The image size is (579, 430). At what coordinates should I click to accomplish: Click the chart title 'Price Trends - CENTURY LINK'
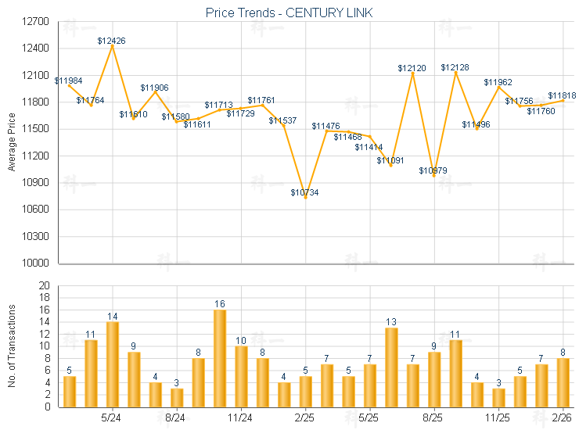tap(289, 13)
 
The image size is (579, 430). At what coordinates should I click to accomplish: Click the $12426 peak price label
tap(112, 40)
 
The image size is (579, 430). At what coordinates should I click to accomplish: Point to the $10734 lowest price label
tap(305, 192)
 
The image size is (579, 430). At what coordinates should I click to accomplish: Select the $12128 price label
tap(455, 67)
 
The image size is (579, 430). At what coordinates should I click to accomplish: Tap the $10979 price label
tap(433, 170)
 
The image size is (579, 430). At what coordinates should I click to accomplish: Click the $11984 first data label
tap(68, 81)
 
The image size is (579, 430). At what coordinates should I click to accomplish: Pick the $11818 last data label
tap(562, 95)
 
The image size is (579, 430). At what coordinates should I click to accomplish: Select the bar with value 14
tap(112, 364)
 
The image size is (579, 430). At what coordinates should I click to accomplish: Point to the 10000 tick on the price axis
tap(36, 263)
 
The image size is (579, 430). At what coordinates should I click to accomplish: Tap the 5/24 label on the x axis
tap(112, 418)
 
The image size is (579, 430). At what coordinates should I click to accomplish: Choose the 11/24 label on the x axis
tap(241, 418)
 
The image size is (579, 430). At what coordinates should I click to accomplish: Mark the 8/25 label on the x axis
tap(434, 418)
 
